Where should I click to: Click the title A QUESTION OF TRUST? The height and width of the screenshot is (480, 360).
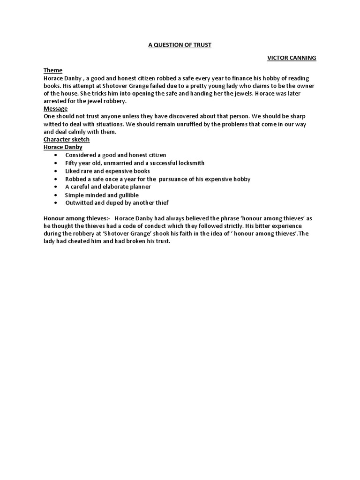(180, 45)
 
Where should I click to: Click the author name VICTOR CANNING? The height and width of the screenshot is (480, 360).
(292, 58)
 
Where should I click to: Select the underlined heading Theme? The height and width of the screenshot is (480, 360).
(53, 70)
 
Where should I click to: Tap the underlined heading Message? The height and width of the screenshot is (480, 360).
(55, 108)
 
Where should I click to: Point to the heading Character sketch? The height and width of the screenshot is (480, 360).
(67, 140)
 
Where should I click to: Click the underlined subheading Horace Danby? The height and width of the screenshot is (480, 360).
(63, 147)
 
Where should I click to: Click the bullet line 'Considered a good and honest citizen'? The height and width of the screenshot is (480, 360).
(115, 155)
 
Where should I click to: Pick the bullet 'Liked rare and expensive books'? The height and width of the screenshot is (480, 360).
(107, 171)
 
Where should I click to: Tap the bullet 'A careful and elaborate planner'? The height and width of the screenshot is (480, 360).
(108, 187)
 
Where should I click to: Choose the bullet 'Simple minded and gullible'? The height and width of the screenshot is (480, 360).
(102, 195)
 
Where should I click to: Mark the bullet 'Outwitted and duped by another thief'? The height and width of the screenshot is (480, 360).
(117, 203)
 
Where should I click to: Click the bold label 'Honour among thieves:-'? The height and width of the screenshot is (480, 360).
(76, 219)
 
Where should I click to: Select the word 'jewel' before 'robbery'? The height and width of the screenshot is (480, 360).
(102, 101)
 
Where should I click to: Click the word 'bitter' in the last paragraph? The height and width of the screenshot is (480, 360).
(268, 226)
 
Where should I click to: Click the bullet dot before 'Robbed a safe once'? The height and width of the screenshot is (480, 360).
(57, 179)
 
